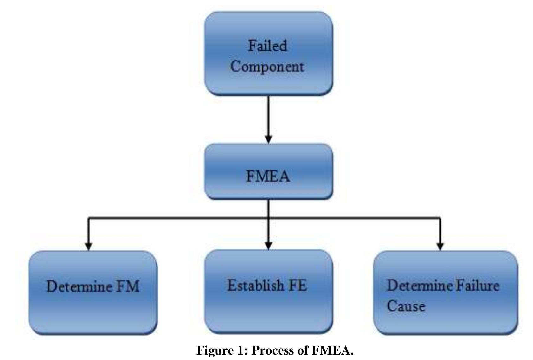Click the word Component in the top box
click(x=267, y=67)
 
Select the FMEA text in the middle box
click(x=268, y=176)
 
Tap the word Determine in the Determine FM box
click(x=79, y=286)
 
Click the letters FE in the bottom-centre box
click(x=297, y=285)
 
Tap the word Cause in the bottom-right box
click(x=406, y=306)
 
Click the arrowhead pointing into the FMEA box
click(x=268, y=139)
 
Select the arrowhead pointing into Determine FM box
click(x=88, y=246)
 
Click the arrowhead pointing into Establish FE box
click(x=268, y=246)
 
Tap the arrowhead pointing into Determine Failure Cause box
click(x=440, y=246)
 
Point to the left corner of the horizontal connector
click(x=89, y=218)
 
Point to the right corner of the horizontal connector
click(x=440, y=218)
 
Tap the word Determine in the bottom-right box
click(x=420, y=285)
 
